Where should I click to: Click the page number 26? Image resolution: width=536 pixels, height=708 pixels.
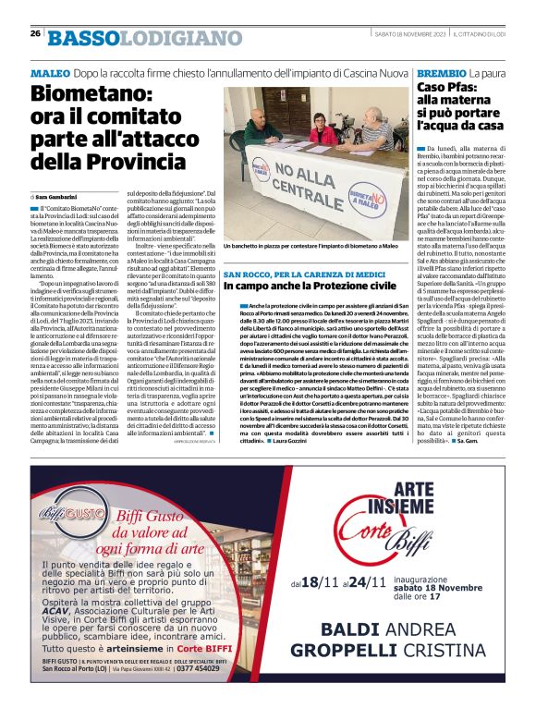pos(35,33)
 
